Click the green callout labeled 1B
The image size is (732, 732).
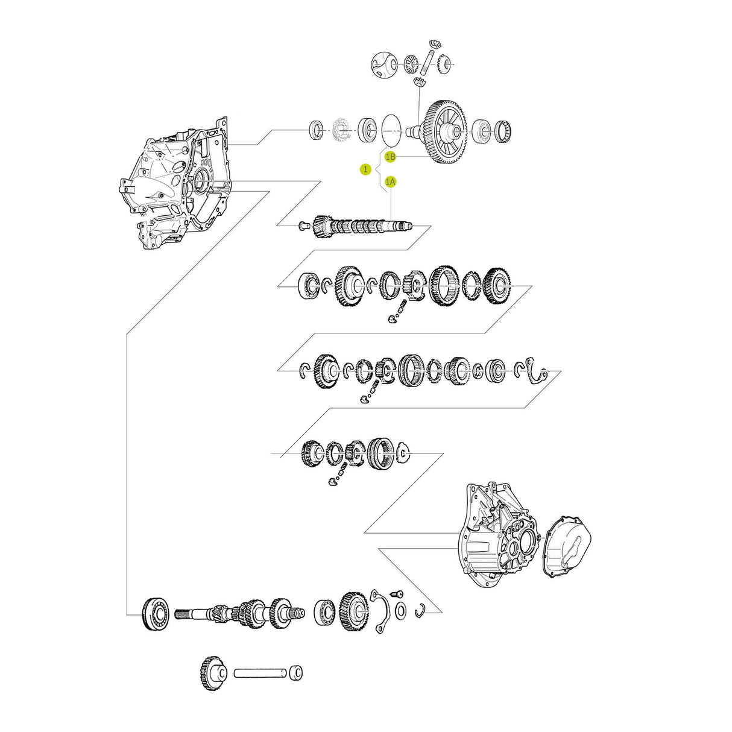coord(391,157)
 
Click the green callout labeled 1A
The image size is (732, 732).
coord(391,181)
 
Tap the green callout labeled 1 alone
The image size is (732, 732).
coord(365,169)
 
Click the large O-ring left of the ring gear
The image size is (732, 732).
coord(391,129)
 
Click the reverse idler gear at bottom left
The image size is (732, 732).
coord(212,672)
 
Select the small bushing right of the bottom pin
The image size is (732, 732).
coord(296,672)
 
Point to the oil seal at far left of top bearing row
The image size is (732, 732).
coord(315,130)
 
